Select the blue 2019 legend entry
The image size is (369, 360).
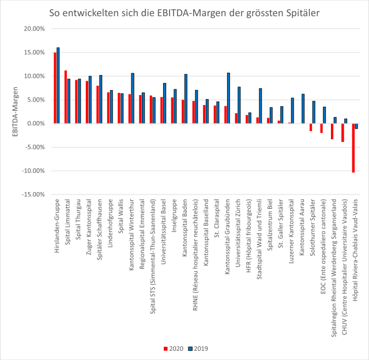(199, 348)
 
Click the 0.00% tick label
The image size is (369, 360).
(33, 123)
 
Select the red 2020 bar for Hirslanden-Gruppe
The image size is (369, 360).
(55, 88)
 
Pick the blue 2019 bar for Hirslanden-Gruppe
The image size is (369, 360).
(58, 85)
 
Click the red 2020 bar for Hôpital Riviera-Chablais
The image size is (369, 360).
(353, 148)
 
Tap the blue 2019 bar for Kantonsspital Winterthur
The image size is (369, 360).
(133, 98)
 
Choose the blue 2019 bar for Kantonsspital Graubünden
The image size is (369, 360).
(228, 98)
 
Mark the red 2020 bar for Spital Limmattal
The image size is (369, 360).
(66, 97)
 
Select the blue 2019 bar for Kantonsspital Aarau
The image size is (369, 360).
(303, 108)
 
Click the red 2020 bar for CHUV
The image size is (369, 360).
(342, 133)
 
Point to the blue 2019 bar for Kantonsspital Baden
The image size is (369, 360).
(186, 99)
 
